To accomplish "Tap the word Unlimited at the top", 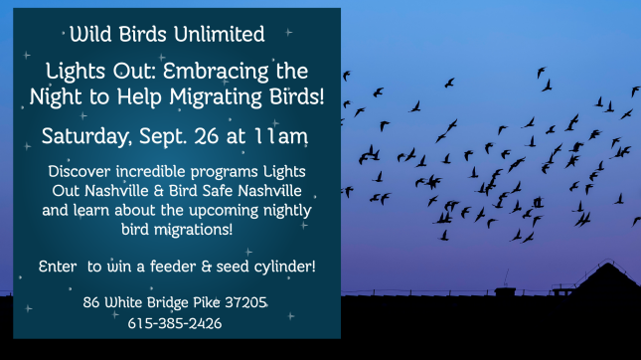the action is tap(219, 34).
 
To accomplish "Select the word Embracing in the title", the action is tap(216, 72).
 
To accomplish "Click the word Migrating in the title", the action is tap(216, 98).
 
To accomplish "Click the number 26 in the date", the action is tap(207, 136).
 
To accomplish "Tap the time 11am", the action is tap(281, 136).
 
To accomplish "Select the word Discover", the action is tap(80, 171).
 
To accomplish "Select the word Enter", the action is tap(58, 267).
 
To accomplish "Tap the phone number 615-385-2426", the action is tap(175, 323).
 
